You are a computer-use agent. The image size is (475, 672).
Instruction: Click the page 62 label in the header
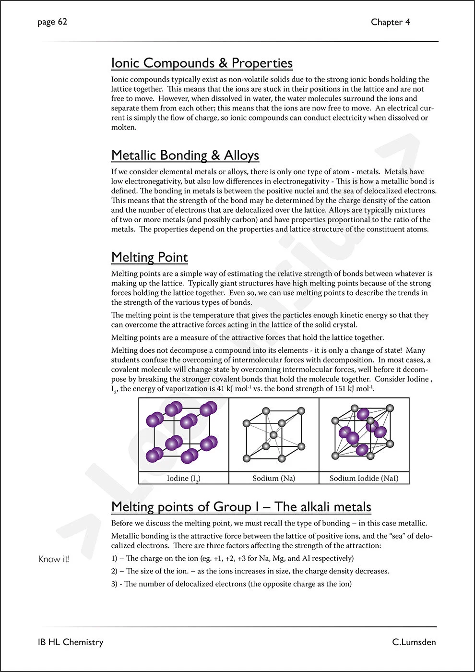point(52,22)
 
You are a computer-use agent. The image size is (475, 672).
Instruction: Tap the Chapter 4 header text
point(390,22)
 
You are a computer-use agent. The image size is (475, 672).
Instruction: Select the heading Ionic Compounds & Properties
point(202,63)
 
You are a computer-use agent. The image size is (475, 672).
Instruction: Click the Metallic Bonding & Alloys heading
point(185,156)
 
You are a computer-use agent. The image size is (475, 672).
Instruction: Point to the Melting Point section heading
point(149,257)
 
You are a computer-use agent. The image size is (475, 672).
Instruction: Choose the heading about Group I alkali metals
point(241,507)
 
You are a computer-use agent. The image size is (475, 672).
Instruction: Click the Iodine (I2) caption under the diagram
point(183,478)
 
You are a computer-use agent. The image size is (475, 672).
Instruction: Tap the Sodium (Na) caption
point(273,478)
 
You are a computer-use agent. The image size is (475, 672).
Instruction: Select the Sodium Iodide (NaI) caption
point(364,478)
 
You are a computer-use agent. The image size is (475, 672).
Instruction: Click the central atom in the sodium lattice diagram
point(273,435)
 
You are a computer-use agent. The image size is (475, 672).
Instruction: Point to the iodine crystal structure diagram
point(183,434)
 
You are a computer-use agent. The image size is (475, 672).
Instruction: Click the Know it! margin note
point(54,559)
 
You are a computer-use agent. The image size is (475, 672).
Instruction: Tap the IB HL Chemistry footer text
point(71,642)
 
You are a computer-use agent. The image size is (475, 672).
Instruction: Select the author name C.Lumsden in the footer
point(414,642)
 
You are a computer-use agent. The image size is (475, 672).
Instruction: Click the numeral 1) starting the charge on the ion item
point(114,558)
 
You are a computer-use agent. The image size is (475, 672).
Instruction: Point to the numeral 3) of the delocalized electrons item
point(114,584)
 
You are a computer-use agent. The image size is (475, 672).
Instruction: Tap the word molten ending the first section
point(123,128)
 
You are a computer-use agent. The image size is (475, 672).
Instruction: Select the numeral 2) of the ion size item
point(114,571)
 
